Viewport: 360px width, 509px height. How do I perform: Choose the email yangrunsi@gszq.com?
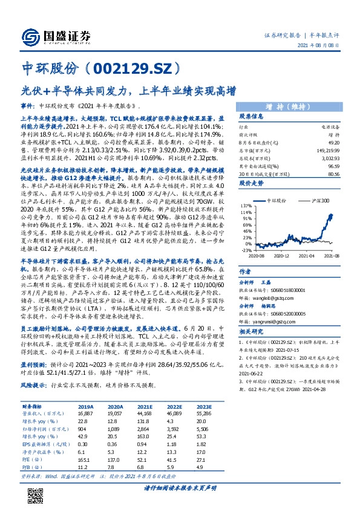coord(275,322)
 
